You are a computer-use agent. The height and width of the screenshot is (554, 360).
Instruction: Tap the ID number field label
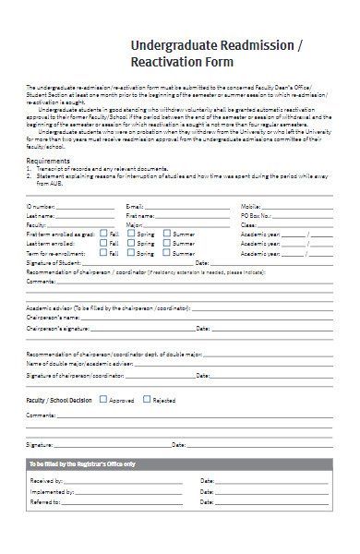point(42,206)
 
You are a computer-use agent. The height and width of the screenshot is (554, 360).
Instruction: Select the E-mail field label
point(135,206)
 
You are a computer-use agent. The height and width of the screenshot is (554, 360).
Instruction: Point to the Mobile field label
point(251,206)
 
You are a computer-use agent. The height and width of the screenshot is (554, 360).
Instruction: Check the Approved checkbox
point(103,400)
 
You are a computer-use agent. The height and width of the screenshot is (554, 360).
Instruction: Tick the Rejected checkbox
point(147,400)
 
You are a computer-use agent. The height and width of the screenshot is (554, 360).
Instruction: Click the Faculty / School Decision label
point(59,401)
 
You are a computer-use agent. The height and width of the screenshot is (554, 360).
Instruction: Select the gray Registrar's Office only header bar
point(180,464)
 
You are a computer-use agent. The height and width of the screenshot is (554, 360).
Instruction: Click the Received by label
point(46,481)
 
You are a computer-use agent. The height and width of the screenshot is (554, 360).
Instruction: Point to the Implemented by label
point(51,491)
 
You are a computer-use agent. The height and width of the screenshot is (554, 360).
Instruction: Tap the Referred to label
point(45,501)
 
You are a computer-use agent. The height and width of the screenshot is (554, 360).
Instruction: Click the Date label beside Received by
point(207,481)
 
